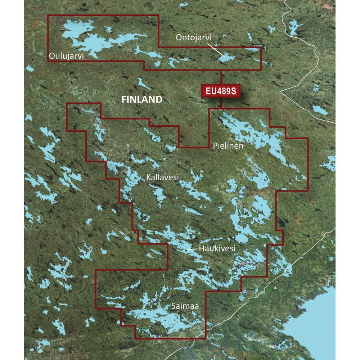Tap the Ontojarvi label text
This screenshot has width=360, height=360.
[x=193, y=37]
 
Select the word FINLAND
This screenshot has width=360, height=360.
[x=141, y=100]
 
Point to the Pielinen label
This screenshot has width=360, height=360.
[x=228, y=146]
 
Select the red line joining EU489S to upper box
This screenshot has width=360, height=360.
[x=221, y=77]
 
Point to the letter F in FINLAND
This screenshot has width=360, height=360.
[x=123, y=100]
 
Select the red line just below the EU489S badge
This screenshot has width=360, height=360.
[x=221, y=103]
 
